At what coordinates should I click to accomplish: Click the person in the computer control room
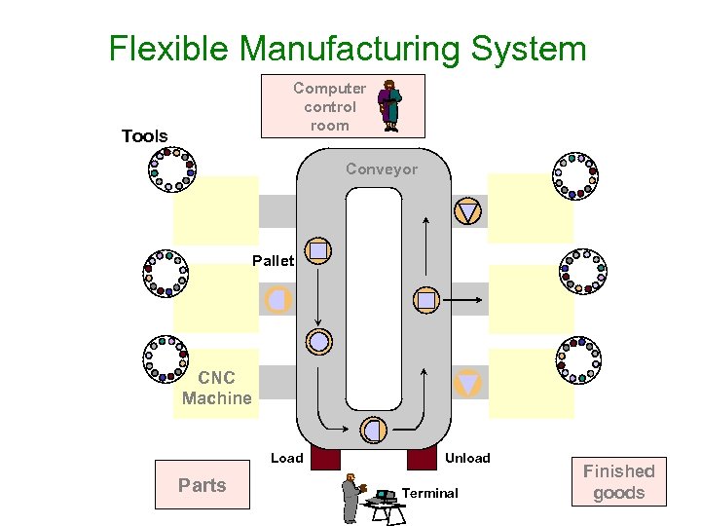tap(389, 105)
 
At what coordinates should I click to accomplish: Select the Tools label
tap(144, 136)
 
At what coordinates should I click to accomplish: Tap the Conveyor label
tap(382, 169)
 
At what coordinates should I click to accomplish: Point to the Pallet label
tap(273, 261)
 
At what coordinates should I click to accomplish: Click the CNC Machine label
tap(216, 388)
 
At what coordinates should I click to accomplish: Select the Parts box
tap(203, 485)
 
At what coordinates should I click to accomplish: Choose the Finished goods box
tap(619, 482)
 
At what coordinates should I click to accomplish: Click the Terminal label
tap(429, 494)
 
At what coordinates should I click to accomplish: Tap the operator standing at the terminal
tap(350, 499)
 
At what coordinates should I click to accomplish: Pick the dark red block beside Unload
tap(422, 458)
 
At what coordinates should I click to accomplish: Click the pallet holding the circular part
tap(319, 341)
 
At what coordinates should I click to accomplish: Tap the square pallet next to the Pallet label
tap(319, 250)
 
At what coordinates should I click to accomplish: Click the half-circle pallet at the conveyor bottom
tap(373, 429)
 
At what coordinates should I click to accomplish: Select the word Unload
tap(467, 458)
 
